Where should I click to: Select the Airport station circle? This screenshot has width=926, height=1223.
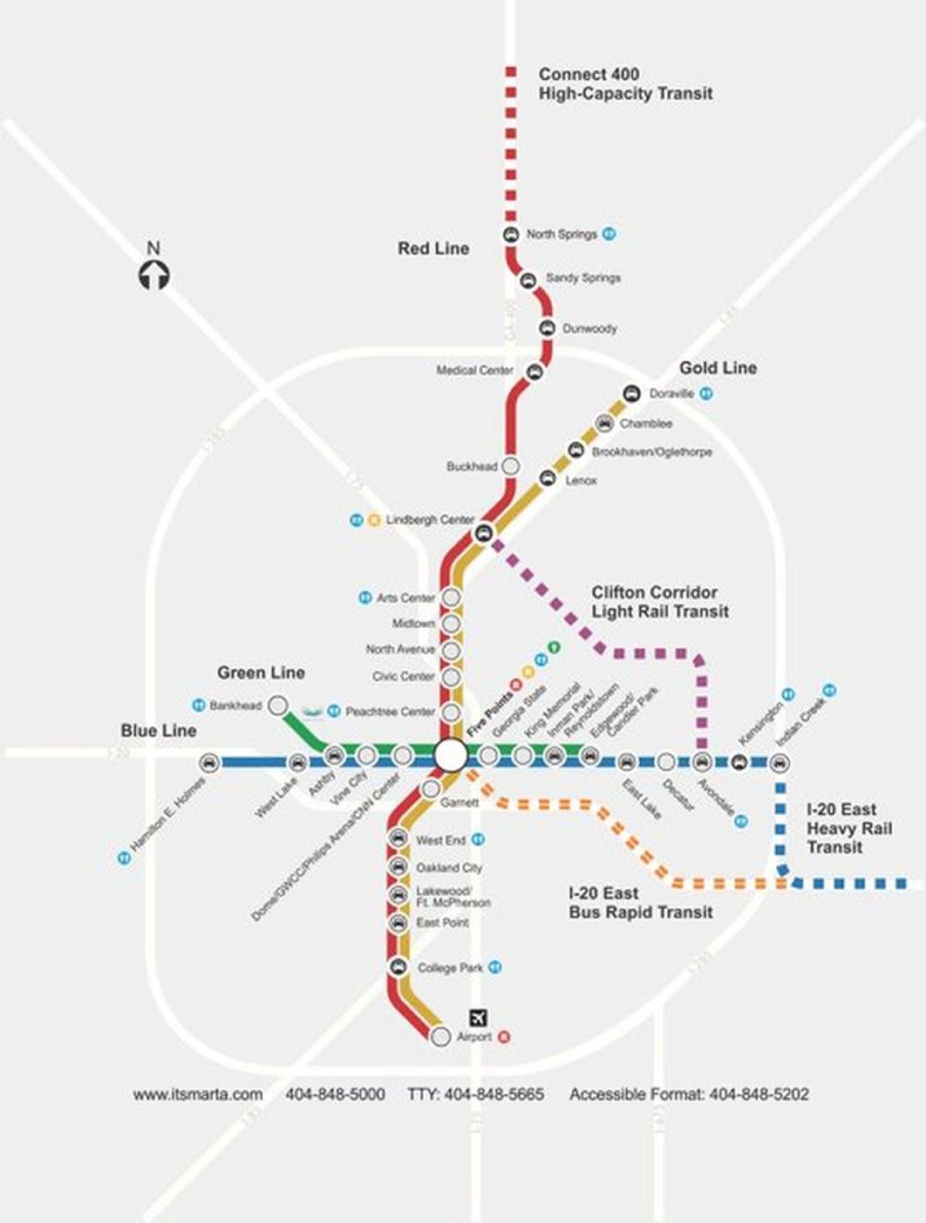(x=441, y=1036)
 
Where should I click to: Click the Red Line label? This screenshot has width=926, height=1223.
(x=433, y=249)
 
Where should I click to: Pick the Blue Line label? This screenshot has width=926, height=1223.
(x=158, y=731)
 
